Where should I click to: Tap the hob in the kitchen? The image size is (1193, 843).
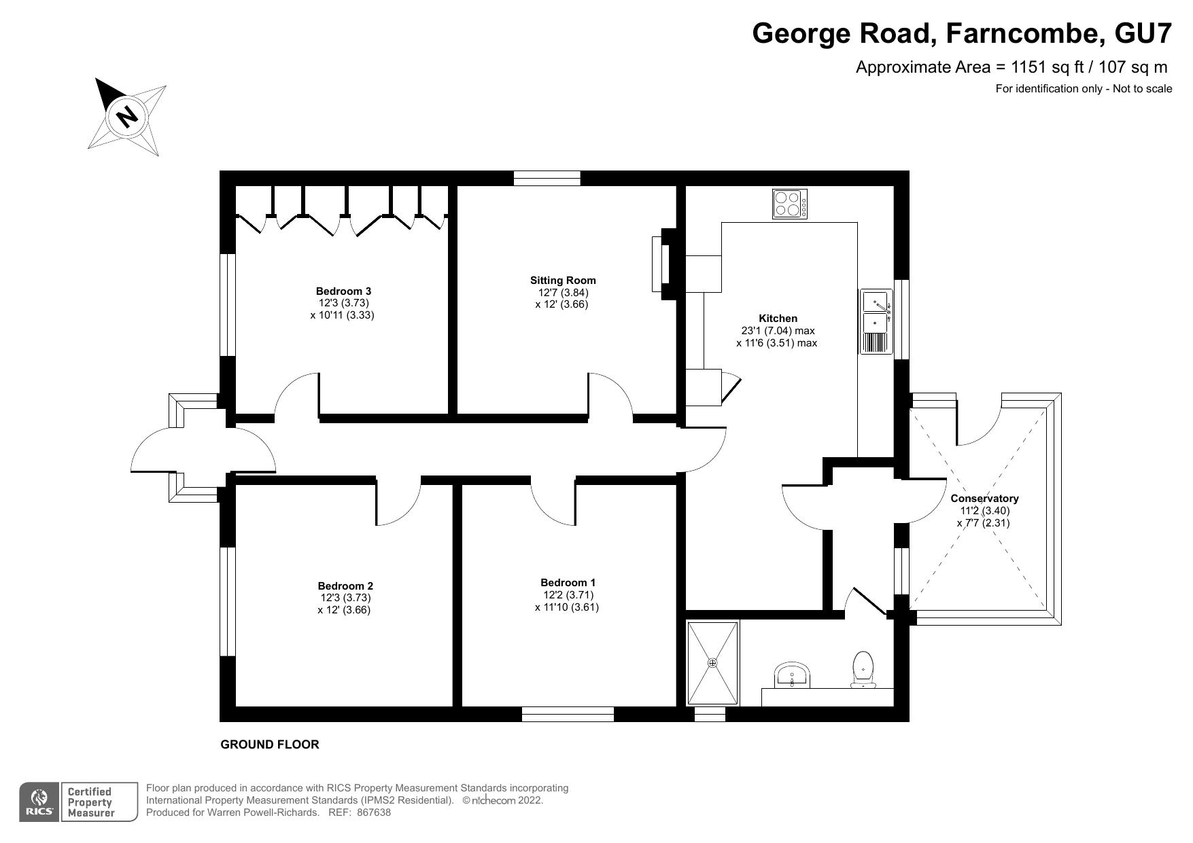pyautogui.click(x=790, y=203)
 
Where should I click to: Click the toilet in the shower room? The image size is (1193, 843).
pyautogui.click(x=863, y=670)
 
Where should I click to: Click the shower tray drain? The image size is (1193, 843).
pyautogui.click(x=712, y=663)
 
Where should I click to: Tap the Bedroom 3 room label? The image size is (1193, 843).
pyautogui.click(x=343, y=291)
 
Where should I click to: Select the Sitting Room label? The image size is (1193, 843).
pyautogui.click(x=563, y=280)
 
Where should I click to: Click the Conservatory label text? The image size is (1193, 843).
pyautogui.click(x=984, y=499)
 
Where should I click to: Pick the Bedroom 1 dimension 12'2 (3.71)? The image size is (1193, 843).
pyautogui.click(x=568, y=595)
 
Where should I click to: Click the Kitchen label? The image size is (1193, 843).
pyautogui.click(x=778, y=318)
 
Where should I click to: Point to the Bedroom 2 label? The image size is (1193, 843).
pyautogui.click(x=345, y=586)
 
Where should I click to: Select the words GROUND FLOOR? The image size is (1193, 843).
pyautogui.click(x=270, y=745)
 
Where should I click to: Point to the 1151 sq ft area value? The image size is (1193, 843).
pyautogui.click(x=1048, y=67)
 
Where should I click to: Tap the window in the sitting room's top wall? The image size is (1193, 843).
pyautogui.click(x=547, y=178)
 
